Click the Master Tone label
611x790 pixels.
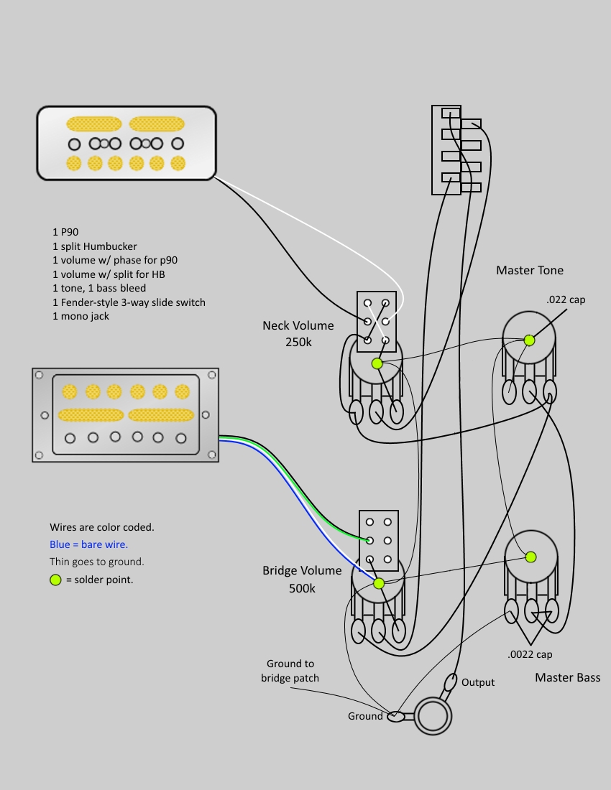tap(530, 270)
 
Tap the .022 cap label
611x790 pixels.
tap(565, 299)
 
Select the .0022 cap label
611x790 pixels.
tap(530, 654)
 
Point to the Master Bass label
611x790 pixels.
tap(567, 677)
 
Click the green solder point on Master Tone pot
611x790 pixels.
tap(530, 340)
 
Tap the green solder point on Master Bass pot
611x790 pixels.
tap(530, 557)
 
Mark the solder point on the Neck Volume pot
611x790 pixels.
tap(377, 363)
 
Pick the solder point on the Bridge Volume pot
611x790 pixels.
tap(379, 583)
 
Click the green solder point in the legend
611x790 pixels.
tap(55, 580)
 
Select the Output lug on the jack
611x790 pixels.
tap(451, 681)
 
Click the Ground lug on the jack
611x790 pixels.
tap(396, 716)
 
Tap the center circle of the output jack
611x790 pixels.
tap(433, 716)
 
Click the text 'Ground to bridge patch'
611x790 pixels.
tap(290, 671)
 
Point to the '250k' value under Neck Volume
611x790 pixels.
tap(298, 343)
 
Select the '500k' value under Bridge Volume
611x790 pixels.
tap(302, 588)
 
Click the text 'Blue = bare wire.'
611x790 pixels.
tap(88, 544)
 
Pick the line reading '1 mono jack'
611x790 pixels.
tap(81, 316)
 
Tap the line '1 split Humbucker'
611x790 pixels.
tap(94, 246)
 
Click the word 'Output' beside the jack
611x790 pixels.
tap(478, 682)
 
